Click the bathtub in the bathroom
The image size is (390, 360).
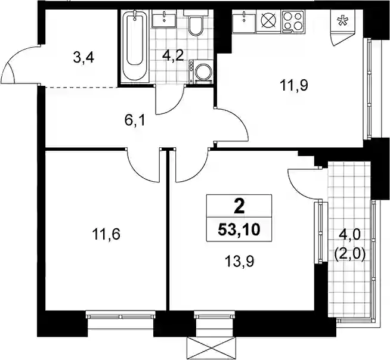click(x=135, y=46)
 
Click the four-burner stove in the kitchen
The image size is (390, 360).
click(x=293, y=21)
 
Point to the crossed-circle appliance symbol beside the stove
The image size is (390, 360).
click(x=268, y=20)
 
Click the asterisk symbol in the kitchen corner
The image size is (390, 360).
click(x=342, y=21)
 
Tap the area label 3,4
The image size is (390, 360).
click(x=83, y=58)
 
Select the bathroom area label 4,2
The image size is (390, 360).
click(x=173, y=56)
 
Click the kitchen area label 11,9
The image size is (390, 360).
click(x=294, y=85)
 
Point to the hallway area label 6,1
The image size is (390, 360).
click(x=135, y=122)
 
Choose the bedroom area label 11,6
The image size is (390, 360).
click(x=106, y=234)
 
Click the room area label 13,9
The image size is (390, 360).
click(x=239, y=261)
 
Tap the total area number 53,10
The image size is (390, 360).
click(x=239, y=230)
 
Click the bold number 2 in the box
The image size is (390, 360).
click(x=239, y=207)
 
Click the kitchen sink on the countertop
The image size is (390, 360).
click(x=244, y=20)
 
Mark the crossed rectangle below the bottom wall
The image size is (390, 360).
click(x=211, y=348)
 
